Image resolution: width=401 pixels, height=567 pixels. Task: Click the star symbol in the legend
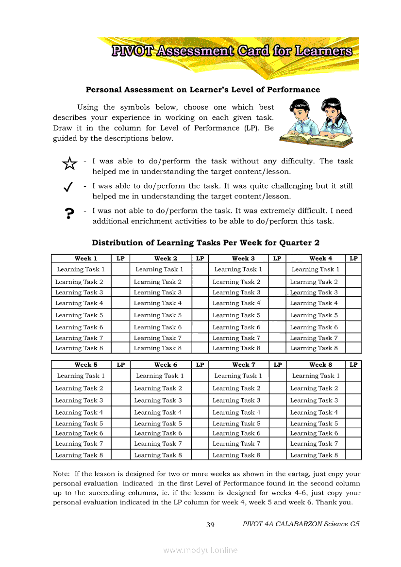point(69,164)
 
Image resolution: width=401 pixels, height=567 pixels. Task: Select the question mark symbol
point(69,213)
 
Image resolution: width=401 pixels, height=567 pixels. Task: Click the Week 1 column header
point(86,259)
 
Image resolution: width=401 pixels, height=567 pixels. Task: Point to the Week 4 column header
point(320,259)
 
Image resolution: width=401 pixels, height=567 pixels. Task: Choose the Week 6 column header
point(166,365)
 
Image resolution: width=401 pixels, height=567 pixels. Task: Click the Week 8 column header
point(320,365)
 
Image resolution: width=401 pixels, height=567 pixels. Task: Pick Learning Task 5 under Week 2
point(158,315)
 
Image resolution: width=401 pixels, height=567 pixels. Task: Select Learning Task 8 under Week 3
point(236,348)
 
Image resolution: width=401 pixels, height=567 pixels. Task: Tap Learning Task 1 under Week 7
point(238,376)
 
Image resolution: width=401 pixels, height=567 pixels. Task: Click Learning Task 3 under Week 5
point(79,401)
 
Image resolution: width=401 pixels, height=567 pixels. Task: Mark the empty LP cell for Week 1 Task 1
point(120,269)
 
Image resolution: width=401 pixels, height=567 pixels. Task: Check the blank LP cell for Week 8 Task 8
point(353,455)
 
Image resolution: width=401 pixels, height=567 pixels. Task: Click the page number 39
point(210,524)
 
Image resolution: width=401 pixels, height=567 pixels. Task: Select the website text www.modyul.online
point(200,550)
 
